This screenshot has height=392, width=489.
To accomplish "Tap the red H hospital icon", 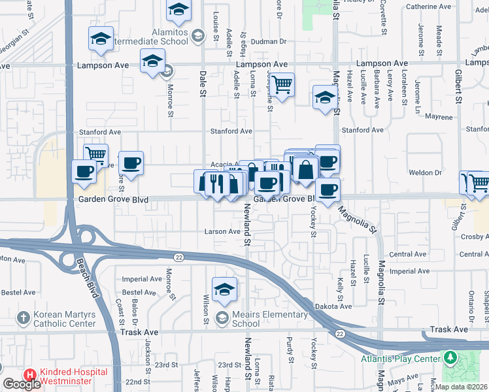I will click(29, 376).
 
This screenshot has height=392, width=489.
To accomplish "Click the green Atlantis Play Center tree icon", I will click(450, 358).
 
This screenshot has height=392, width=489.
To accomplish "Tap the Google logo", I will click(22, 384).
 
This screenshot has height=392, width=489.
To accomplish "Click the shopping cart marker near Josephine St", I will click(282, 84).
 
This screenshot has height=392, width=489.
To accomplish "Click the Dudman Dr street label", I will click(269, 42).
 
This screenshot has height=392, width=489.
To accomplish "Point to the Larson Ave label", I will click(222, 231).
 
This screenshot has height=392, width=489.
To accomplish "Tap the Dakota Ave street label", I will click(335, 306).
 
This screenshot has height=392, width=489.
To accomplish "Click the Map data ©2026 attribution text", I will click(462, 387).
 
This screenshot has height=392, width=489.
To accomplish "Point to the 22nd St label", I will click(138, 382).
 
